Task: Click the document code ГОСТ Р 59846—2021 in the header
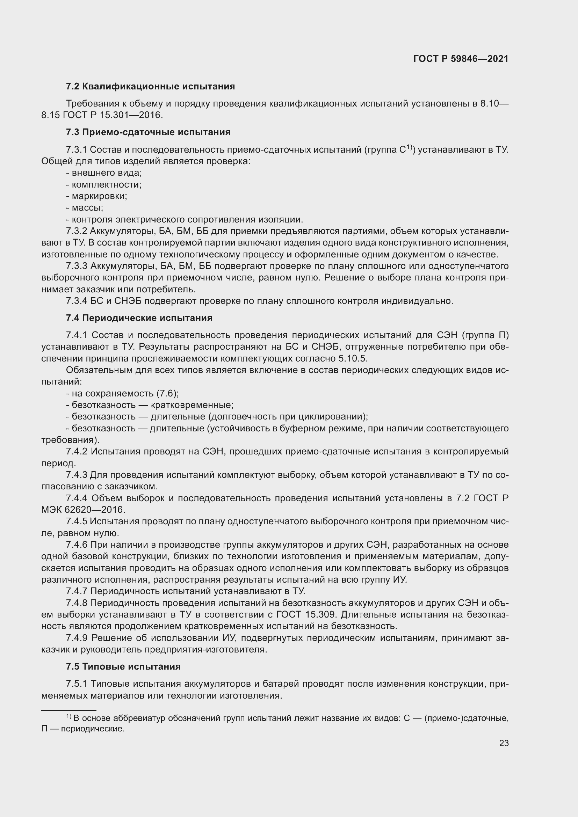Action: coord(461,59)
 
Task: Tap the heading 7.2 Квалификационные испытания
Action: coord(150,87)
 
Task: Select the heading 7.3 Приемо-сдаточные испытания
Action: coord(148,132)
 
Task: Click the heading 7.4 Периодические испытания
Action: coord(139,318)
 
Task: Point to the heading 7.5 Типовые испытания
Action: coord(123,666)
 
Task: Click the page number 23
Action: coord(504,743)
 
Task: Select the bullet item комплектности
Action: coord(107,185)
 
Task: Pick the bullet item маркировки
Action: coord(99,196)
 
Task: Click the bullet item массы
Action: coord(87,207)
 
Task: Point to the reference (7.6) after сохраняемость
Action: coord(167,394)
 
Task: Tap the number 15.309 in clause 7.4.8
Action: coord(320,614)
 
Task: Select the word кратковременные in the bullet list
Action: coord(192,405)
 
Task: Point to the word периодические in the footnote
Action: coord(93,729)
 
